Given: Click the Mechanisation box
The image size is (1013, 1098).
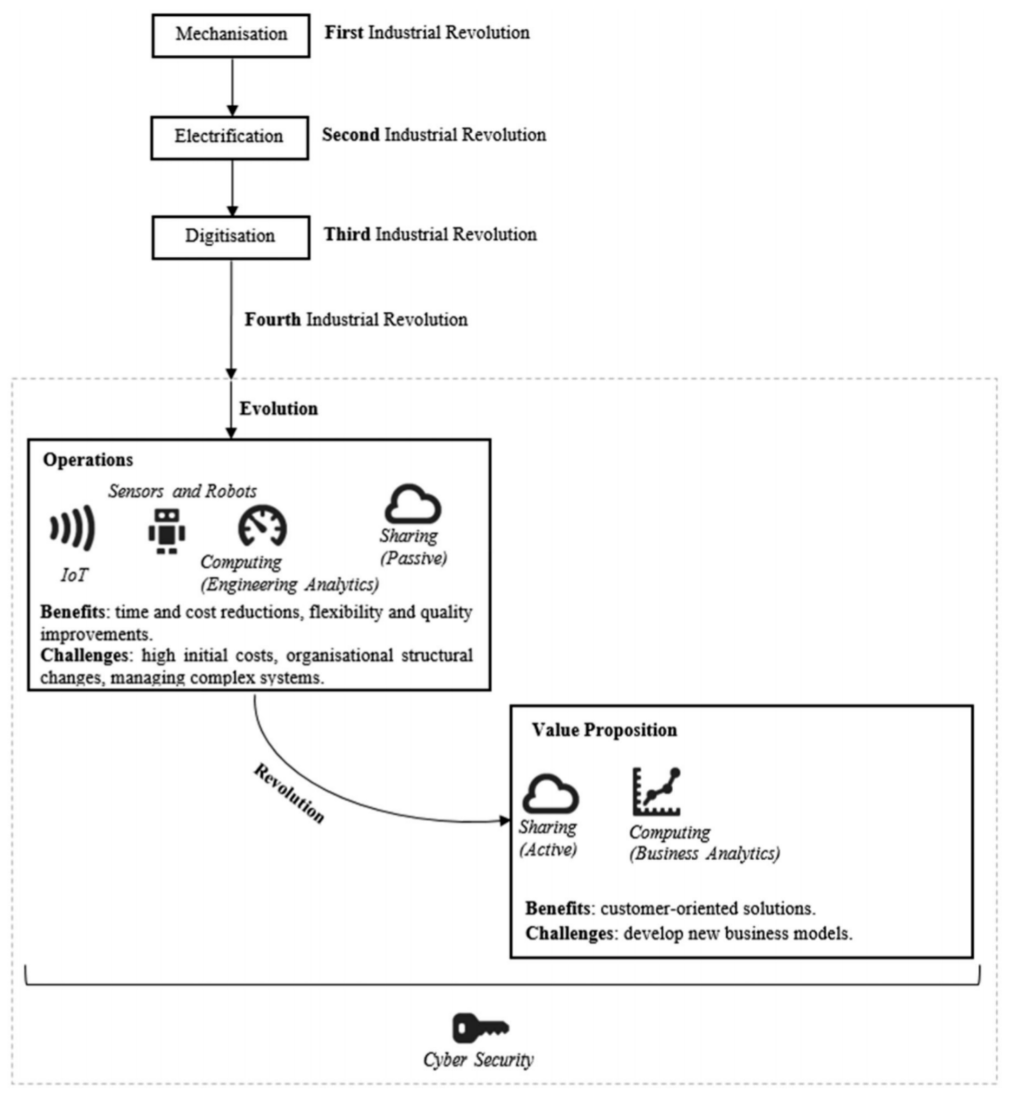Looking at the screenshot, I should (231, 36).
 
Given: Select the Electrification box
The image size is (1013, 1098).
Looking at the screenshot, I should (229, 138).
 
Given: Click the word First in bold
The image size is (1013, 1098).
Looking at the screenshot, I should (344, 33).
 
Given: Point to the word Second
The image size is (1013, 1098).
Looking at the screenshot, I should (350, 135).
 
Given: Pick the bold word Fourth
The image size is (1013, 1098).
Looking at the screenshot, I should (272, 320).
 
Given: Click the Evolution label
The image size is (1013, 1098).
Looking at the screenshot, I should (278, 409).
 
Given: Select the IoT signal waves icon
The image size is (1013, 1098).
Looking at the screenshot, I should (73, 528).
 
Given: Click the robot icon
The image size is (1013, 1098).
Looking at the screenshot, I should (167, 531).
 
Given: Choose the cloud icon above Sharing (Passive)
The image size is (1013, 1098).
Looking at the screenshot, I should (413, 504).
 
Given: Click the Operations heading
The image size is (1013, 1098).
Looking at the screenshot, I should (88, 460).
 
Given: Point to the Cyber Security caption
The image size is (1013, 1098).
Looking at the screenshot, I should (478, 1059).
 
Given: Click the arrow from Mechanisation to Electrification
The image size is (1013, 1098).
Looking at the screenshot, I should (232, 87).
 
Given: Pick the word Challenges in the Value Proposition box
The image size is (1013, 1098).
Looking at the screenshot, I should (568, 934).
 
